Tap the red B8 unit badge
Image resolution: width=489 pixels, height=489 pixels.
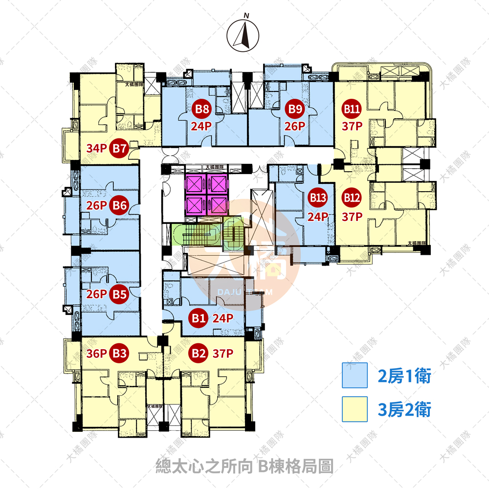tap(201, 109)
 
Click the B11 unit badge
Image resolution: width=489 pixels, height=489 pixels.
tap(351, 109)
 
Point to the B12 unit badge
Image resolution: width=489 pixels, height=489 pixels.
tap(351, 198)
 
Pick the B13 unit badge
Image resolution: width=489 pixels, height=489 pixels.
tap(318, 198)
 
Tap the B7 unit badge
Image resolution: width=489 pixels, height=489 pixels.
tap(120, 148)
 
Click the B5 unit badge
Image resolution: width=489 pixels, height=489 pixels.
tap(120, 294)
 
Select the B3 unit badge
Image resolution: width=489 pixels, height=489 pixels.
tap(120, 353)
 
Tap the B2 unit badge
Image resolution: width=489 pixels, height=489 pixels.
tap(198, 353)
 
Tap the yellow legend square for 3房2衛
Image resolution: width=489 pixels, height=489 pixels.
tap(355, 409)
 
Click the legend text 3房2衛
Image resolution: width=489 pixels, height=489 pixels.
tap(404, 409)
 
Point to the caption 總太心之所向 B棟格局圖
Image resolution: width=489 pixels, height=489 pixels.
tap(244, 465)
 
